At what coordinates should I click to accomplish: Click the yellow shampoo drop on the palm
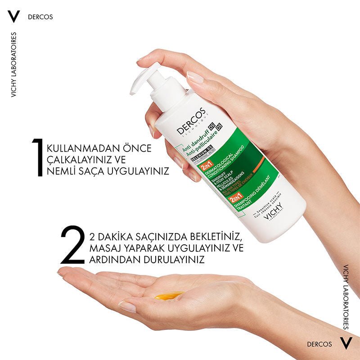(169, 295)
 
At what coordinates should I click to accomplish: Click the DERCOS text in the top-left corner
(40, 17)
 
